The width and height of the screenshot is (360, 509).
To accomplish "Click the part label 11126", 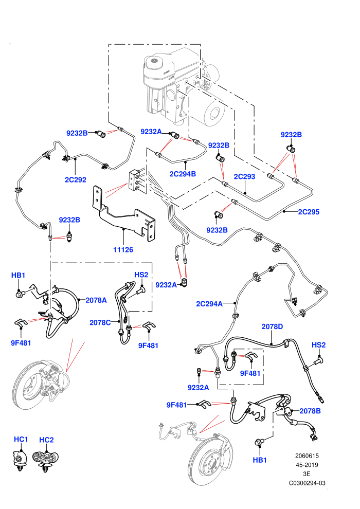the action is tap(123, 250).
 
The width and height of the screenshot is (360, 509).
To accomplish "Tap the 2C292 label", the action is tap(75, 179).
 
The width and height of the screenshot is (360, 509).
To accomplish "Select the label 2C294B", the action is tap(183, 174).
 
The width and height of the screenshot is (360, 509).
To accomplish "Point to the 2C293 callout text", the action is tap(244, 176).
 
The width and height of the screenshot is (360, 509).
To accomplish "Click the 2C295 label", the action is tap(309, 212).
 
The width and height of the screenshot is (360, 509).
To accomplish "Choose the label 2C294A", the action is tap(209, 304).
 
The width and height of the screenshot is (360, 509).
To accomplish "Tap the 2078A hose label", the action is tap(96, 300).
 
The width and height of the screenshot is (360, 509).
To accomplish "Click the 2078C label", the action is tap(100, 322).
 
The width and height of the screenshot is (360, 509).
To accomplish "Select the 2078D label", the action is tap(272, 326).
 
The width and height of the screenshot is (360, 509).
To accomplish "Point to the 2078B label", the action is tap(310, 411).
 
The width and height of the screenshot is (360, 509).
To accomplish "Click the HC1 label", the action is tap(21, 439).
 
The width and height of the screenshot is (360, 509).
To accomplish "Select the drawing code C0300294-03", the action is tap(307, 483).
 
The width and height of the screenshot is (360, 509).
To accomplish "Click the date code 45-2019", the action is tap(307, 465).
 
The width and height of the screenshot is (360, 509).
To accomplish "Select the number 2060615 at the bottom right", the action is tap(307, 456).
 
